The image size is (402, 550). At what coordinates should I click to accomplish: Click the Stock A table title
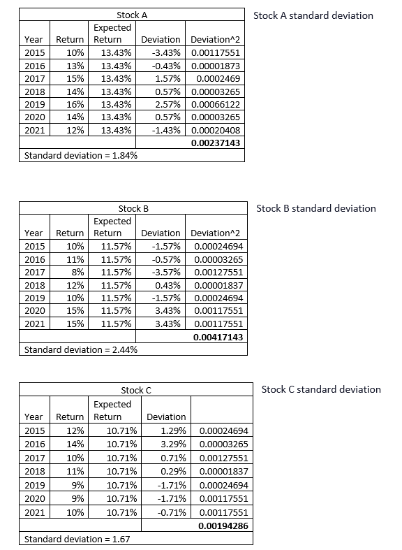[x=132, y=15]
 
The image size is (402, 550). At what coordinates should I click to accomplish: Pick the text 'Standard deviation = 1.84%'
[x=80, y=155]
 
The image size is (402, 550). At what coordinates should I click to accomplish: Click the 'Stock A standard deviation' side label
[x=313, y=15]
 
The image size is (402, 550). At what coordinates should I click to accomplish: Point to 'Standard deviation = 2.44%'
[x=80, y=349]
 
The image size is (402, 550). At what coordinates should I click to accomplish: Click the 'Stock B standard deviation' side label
[x=316, y=208]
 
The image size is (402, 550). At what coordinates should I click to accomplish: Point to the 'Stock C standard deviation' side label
[x=321, y=389]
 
